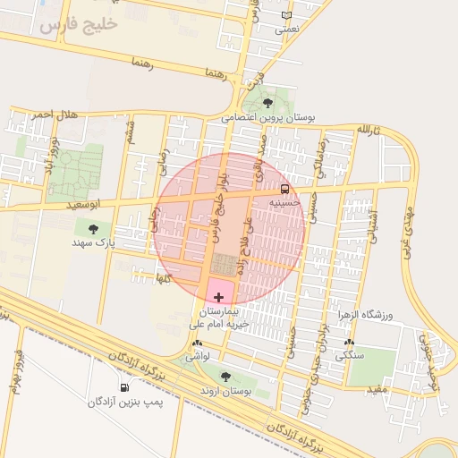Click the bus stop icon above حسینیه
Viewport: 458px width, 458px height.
(284, 189)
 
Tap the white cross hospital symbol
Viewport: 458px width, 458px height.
(219, 294)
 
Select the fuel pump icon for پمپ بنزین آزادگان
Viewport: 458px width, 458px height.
(123, 387)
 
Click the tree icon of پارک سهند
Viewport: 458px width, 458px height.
(94, 229)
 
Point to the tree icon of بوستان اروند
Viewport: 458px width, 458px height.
(224, 377)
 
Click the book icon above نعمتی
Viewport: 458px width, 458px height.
(286, 15)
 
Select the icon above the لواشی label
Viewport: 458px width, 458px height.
(197, 342)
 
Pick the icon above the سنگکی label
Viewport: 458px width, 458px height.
(348, 342)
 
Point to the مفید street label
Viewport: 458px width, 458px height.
(379, 389)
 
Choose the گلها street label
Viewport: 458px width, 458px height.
(163, 279)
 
